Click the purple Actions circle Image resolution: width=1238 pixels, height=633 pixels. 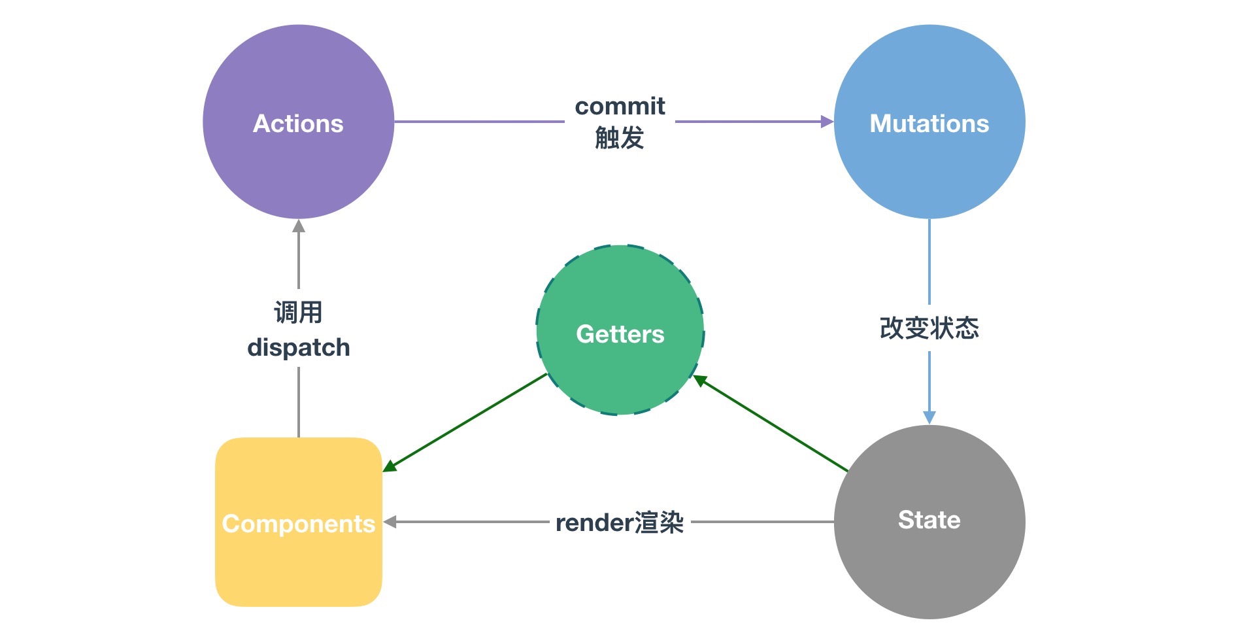tap(298, 122)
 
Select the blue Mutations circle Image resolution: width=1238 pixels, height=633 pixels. tap(929, 122)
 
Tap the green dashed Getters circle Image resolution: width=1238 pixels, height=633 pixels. tap(620, 330)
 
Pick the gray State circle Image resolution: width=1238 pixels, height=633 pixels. tap(929, 522)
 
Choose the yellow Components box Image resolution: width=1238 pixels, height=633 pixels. tap(299, 522)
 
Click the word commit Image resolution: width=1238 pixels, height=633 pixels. tap(620, 106)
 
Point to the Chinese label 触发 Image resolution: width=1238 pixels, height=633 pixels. tap(620, 138)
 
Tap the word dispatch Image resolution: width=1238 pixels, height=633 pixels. tap(299, 347)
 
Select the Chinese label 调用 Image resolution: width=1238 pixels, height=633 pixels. tap(299, 312)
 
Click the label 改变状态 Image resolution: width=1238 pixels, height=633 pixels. tap(929, 328)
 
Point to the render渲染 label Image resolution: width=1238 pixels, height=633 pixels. tap(620, 522)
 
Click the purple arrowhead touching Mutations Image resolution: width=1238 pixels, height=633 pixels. tap(828, 121)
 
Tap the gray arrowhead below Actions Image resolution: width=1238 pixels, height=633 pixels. tap(299, 226)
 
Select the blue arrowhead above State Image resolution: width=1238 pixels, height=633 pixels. tap(929, 418)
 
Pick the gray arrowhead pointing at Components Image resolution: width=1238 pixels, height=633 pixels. tap(390, 522)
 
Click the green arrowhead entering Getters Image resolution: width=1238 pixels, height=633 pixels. tap(699, 380)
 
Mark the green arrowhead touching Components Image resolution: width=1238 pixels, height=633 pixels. tap(390, 466)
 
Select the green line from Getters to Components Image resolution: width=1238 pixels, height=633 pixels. tap(465, 422)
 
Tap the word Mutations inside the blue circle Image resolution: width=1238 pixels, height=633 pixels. tap(929, 124)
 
